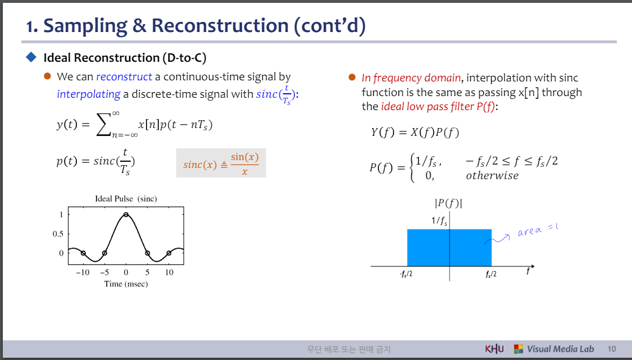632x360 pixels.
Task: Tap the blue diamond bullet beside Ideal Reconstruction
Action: click(x=31, y=57)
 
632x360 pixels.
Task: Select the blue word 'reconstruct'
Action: click(x=123, y=77)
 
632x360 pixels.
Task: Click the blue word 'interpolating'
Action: click(x=88, y=94)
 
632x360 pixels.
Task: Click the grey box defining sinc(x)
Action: click(x=221, y=163)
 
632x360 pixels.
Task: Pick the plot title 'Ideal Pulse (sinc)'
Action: click(x=126, y=199)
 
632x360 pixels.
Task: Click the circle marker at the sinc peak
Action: click(x=126, y=215)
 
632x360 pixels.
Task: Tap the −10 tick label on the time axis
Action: click(x=82, y=272)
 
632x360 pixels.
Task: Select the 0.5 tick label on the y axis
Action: click(x=58, y=234)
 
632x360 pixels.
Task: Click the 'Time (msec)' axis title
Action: click(x=126, y=284)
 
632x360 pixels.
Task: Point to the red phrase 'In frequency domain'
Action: click(x=411, y=78)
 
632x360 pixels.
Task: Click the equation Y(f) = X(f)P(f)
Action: click(x=415, y=132)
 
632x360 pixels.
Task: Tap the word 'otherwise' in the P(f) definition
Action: click(x=492, y=175)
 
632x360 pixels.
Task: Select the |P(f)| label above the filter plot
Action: click(x=448, y=203)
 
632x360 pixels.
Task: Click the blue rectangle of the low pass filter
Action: click(x=449, y=248)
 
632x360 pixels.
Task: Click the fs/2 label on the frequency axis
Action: click(x=491, y=275)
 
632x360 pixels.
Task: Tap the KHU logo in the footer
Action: click(x=494, y=349)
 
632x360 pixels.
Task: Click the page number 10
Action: click(x=611, y=349)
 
